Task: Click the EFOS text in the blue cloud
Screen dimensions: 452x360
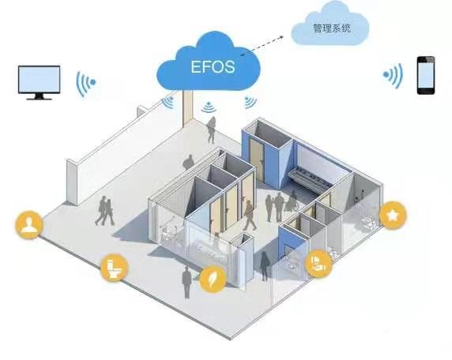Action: [213, 67]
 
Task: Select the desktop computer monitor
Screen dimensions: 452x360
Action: [40, 82]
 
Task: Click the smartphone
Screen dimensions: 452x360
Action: [426, 75]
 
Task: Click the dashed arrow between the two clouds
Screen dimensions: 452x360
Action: [262, 45]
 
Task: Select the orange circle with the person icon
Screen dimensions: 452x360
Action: [29, 225]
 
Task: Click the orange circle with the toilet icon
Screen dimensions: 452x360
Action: [115, 268]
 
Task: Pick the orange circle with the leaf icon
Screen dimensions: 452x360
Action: [213, 279]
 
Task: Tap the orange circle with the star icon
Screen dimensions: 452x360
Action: [393, 216]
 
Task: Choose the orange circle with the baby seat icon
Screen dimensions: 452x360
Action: [318, 263]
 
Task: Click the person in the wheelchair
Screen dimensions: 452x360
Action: [291, 201]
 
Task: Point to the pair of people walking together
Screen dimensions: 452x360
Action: [104, 211]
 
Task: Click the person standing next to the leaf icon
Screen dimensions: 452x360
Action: [186, 282]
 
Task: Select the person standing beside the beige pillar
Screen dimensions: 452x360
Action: [211, 130]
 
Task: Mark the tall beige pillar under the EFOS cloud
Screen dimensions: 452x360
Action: [187, 108]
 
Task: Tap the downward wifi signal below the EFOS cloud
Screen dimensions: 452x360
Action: [209, 107]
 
